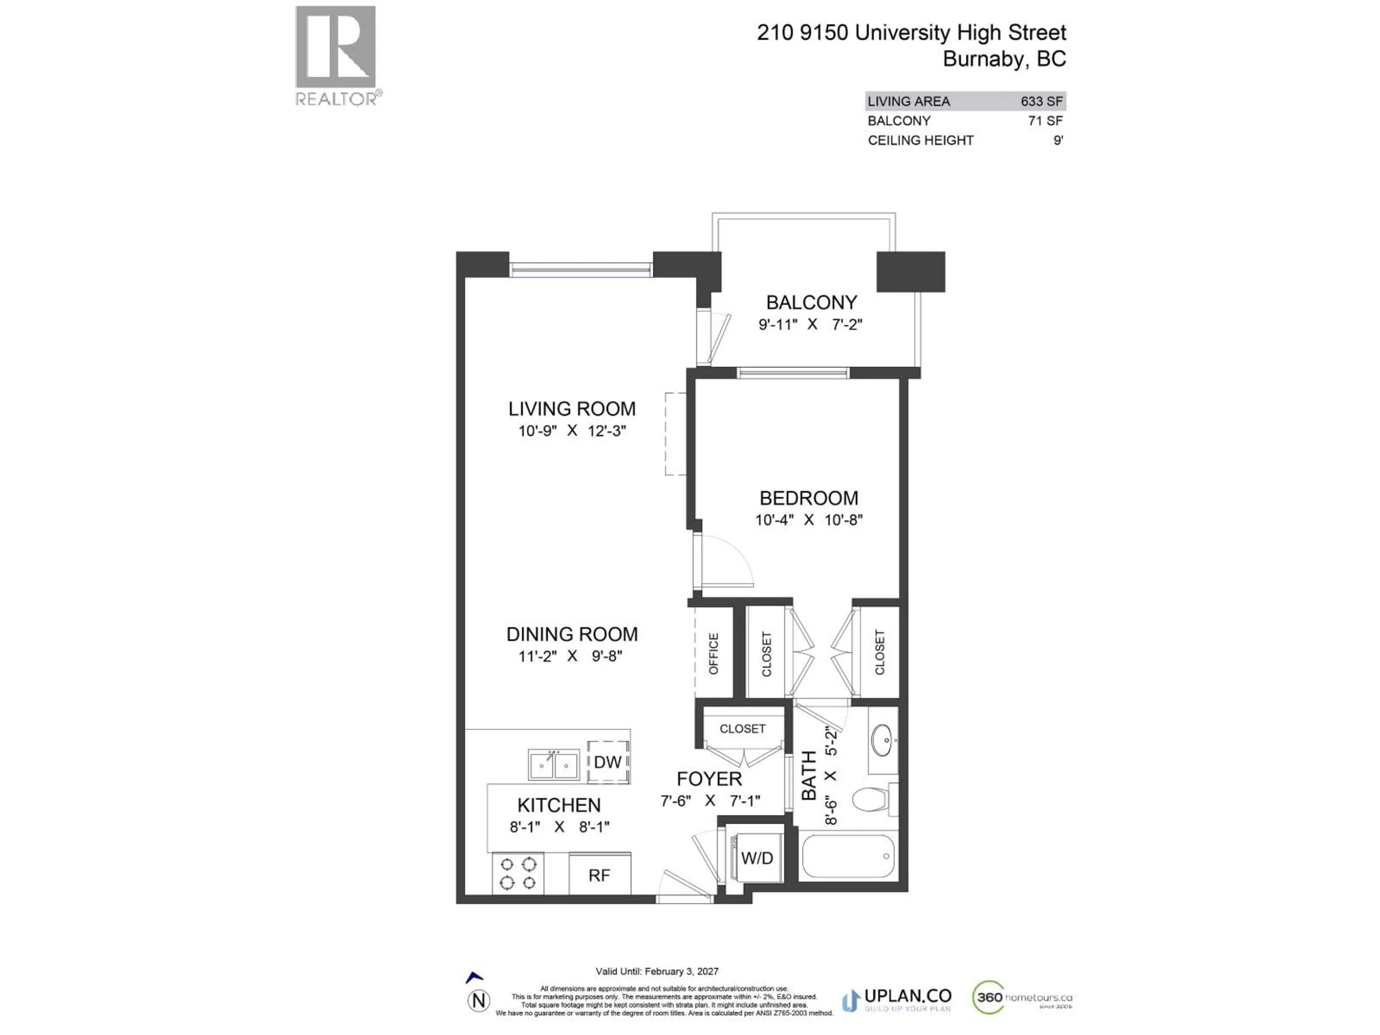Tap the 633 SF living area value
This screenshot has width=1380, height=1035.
click(x=1041, y=101)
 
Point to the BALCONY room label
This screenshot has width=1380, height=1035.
click(x=811, y=303)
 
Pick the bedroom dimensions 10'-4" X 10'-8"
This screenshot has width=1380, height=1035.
click(x=809, y=520)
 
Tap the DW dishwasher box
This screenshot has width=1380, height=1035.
click(x=608, y=762)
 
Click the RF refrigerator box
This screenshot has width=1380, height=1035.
click(x=599, y=875)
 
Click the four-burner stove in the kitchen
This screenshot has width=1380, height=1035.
click(x=518, y=873)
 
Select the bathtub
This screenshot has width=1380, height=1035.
click(x=848, y=857)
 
